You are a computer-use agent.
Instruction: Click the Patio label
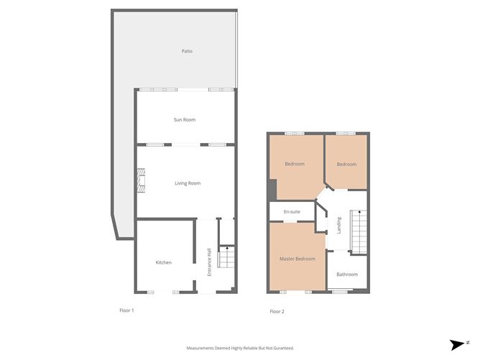point(187,51)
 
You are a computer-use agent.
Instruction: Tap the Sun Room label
point(185,120)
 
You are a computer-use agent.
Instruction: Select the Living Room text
point(188,183)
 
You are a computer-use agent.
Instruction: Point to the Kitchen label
point(163,262)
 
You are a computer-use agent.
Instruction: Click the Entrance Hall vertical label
point(209,262)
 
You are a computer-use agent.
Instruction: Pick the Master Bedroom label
point(297,259)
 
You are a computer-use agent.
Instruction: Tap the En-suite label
point(292,212)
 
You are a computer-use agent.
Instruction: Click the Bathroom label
point(347,274)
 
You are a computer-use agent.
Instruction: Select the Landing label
point(339,226)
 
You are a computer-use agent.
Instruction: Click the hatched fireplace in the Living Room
point(141,180)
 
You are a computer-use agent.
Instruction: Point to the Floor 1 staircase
point(226,257)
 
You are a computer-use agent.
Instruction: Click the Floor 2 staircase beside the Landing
point(359,231)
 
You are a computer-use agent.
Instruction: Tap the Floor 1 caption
point(126,310)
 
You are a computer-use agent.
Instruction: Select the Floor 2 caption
point(277,312)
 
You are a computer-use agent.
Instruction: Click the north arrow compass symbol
point(458,345)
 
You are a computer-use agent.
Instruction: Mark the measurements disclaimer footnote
point(240,348)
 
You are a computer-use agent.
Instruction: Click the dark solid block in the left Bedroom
point(272,190)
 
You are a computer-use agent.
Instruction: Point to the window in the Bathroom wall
point(340,292)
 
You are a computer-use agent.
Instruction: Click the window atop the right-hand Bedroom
point(346,134)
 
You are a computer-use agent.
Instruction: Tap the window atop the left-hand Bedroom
point(295,134)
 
